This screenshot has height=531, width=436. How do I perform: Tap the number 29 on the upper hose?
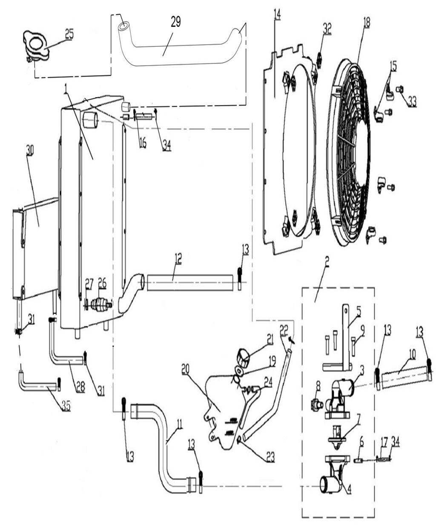175,23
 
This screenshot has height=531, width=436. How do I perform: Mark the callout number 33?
411,102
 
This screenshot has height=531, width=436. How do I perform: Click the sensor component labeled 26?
101,305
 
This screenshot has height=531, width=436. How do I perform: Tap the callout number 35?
65,405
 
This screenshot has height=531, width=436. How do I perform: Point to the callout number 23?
270,457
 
